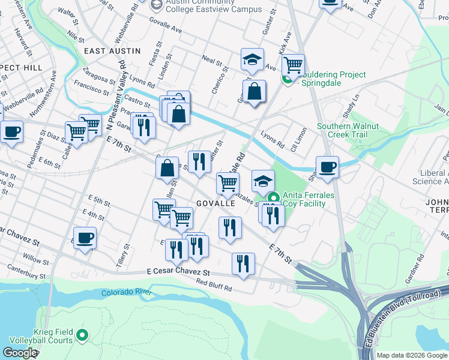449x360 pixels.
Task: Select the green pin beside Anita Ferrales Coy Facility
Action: (273, 197)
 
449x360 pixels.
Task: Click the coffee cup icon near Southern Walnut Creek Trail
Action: (328, 167)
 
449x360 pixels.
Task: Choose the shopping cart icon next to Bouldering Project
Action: (292, 64)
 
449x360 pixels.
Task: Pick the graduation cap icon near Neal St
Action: (253, 59)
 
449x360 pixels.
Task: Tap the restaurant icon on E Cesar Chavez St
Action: (243, 264)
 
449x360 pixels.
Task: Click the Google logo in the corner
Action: (20, 352)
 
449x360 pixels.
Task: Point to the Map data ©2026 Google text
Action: (412, 355)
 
